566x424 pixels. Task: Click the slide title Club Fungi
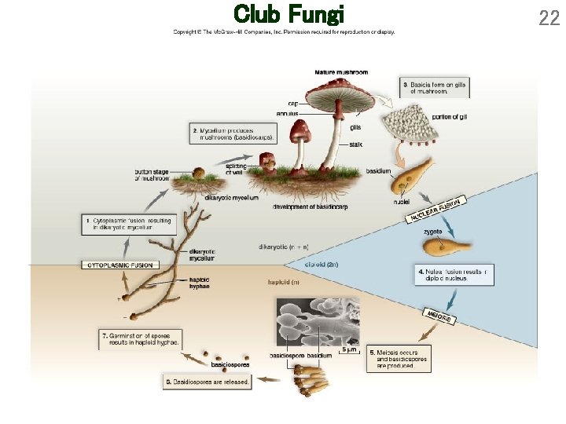tap(289, 14)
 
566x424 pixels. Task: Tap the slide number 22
tap(549, 17)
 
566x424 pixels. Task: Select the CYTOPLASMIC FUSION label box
tap(120, 265)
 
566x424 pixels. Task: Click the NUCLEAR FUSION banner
tap(435, 209)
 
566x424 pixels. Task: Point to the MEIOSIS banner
tap(438, 316)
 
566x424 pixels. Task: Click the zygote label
tap(432, 232)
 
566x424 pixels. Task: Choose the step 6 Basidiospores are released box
tap(208, 382)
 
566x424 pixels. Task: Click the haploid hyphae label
tap(199, 283)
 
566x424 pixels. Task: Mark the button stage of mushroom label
tap(152, 175)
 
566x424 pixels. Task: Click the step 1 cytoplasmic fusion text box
tap(126, 224)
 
